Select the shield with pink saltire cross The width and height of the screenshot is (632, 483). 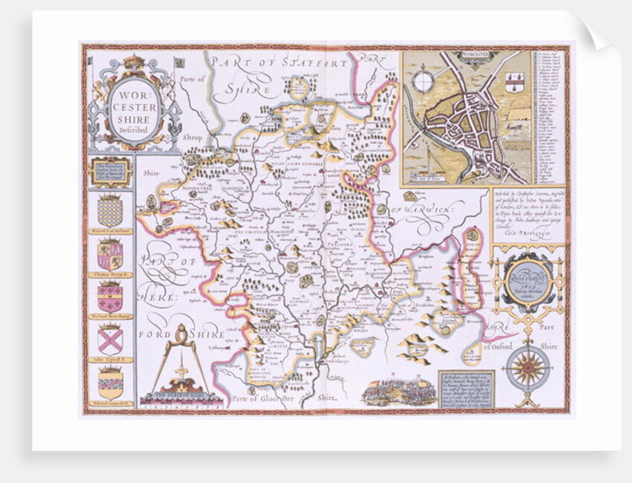click(109, 340)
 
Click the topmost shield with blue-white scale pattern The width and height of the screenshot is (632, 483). click(109, 211)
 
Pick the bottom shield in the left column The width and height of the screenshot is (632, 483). click(109, 382)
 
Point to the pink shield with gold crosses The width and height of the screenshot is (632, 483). click(109, 296)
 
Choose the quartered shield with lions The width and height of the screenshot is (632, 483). click(109, 254)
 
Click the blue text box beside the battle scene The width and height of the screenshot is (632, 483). click(466, 388)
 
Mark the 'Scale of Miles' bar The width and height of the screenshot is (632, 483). click(182, 398)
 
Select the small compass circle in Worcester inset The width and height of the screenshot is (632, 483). click(423, 82)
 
